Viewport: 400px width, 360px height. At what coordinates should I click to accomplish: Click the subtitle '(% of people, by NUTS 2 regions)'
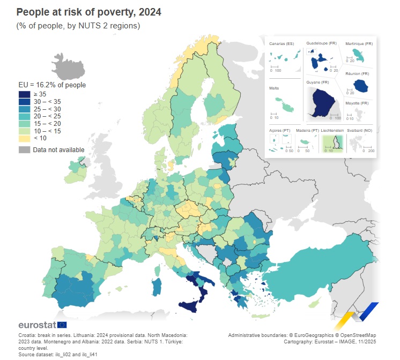(x=79, y=26)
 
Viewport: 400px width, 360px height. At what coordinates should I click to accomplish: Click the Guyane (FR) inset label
(x=317, y=82)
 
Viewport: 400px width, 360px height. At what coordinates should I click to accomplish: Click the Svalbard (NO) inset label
(x=360, y=130)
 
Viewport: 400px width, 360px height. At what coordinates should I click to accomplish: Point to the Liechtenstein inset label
(x=332, y=130)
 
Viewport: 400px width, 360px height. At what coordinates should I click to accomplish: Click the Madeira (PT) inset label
(x=307, y=130)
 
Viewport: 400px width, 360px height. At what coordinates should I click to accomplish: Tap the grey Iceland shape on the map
(x=70, y=69)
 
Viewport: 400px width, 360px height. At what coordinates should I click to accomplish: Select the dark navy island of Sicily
(x=191, y=305)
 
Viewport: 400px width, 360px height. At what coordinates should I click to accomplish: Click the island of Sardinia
(x=157, y=286)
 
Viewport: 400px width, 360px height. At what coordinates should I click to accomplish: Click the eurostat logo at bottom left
(x=42, y=325)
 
